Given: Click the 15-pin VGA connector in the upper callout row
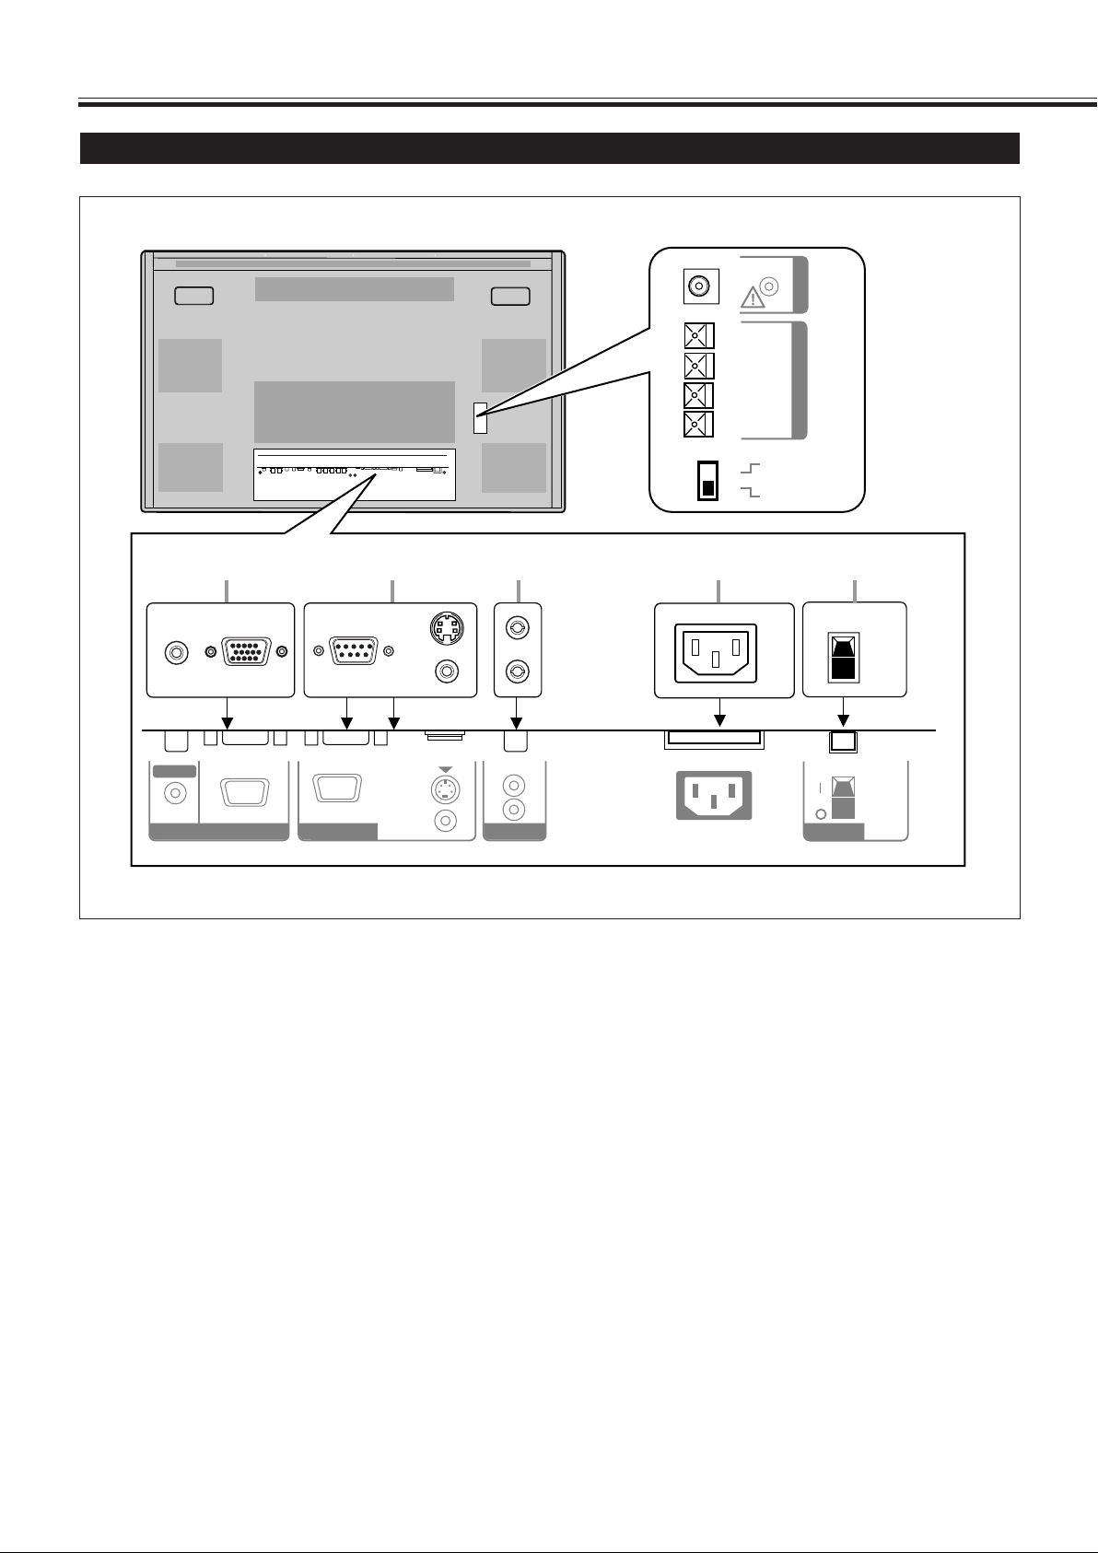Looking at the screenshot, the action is [x=244, y=652].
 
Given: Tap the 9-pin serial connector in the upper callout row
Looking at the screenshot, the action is [x=354, y=652].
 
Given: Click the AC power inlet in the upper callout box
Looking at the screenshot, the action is [x=716, y=652].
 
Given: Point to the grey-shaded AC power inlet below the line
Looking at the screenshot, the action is [x=714, y=794].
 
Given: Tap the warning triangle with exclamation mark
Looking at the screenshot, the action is [x=753, y=298].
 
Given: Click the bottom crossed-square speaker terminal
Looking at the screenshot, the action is [x=699, y=425].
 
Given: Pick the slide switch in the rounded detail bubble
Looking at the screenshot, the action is [x=708, y=480].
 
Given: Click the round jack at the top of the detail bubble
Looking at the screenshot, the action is [x=699, y=286].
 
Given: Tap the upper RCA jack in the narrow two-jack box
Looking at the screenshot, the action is [x=518, y=629].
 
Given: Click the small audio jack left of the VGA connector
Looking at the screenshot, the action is [x=173, y=652].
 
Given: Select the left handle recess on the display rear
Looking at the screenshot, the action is [x=193, y=296].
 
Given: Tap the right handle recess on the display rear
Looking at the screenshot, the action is [x=510, y=296].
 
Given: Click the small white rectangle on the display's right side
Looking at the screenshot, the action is [x=480, y=418].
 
